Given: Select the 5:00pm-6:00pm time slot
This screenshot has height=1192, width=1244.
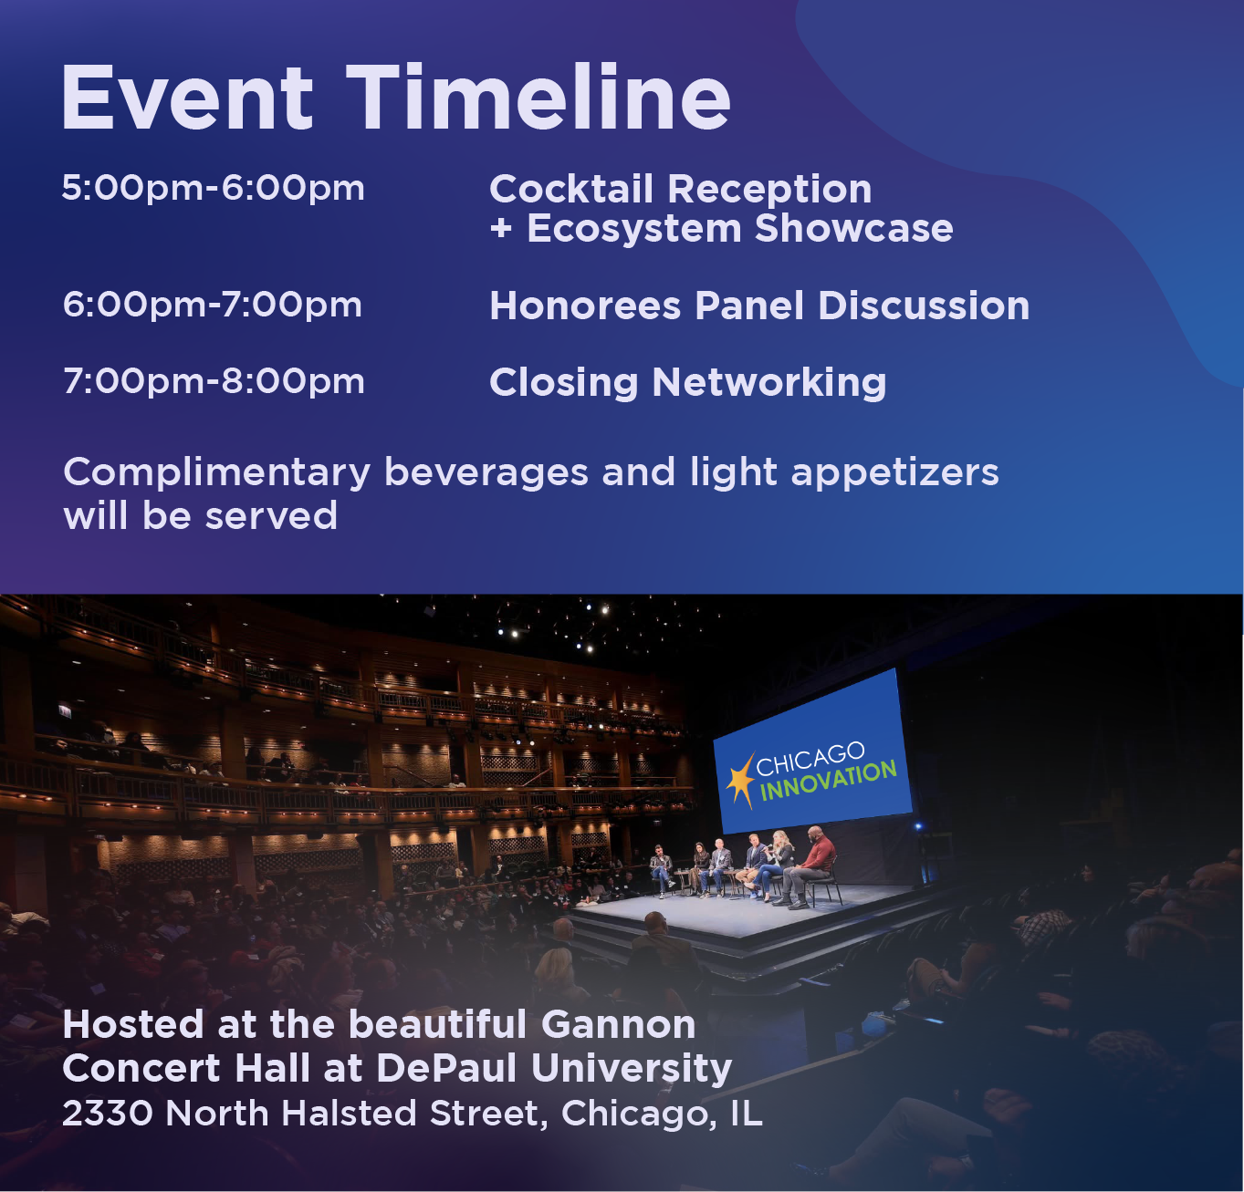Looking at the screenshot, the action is [x=213, y=189].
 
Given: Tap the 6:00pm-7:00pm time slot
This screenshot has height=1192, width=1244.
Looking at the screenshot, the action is [x=213, y=305].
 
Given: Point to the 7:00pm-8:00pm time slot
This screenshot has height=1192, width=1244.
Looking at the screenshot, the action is [x=214, y=382].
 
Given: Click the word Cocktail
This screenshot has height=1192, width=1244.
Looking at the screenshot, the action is [x=571, y=189].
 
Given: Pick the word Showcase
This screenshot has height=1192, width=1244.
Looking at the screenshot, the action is [x=854, y=228].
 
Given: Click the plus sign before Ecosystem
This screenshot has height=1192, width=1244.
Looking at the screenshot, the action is [x=501, y=229].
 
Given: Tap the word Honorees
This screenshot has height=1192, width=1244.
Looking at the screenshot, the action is [x=586, y=306].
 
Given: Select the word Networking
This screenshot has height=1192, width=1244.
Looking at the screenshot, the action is [x=769, y=383].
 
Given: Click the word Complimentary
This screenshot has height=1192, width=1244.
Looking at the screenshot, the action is [x=216, y=473].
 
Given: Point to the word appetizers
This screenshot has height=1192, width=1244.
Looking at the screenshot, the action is [x=894, y=473].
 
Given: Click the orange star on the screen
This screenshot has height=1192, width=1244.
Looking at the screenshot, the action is [x=741, y=781].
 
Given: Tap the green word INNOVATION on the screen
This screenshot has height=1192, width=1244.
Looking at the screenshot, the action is [x=829, y=781].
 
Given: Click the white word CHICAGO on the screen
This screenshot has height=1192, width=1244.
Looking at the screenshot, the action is [x=810, y=759].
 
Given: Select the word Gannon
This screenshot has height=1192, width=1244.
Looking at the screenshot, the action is [x=618, y=1025].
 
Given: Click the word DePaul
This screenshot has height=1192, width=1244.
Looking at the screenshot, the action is [x=446, y=1068].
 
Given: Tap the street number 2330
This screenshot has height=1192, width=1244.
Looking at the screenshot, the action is [x=108, y=1114].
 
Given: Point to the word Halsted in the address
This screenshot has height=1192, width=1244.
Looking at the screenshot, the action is [x=349, y=1114].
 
